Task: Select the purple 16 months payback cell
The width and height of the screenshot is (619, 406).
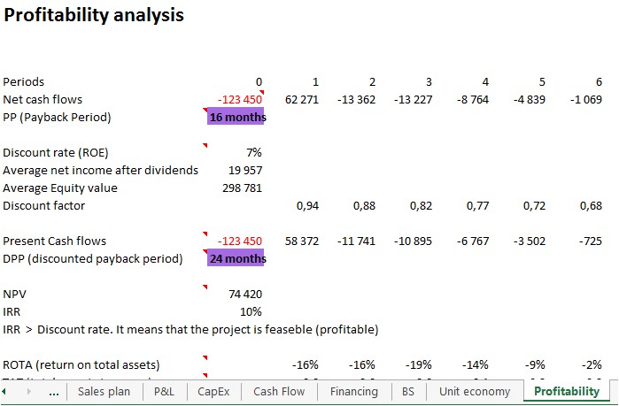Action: (235, 117)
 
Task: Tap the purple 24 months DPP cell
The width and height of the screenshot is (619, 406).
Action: (236, 258)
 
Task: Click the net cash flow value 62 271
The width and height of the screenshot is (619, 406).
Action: (301, 99)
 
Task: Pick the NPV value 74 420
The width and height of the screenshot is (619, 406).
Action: (245, 294)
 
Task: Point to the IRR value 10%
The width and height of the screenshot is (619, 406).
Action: (251, 311)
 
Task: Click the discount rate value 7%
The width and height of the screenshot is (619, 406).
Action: (253, 152)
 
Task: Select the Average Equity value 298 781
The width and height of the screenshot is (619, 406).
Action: (242, 188)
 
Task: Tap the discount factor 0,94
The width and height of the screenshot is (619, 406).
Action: (307, 205)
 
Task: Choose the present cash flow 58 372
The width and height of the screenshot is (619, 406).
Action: (301, 241)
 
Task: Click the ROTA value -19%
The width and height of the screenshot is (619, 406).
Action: (419, 364)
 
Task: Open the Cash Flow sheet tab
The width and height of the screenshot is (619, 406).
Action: (279, 391)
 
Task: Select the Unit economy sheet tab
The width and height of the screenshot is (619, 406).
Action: (475, 391)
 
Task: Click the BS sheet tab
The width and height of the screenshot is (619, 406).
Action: (408, 391)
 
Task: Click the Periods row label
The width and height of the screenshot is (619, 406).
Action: (24, 81)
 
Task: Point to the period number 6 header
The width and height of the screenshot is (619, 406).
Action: (599, 81)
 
